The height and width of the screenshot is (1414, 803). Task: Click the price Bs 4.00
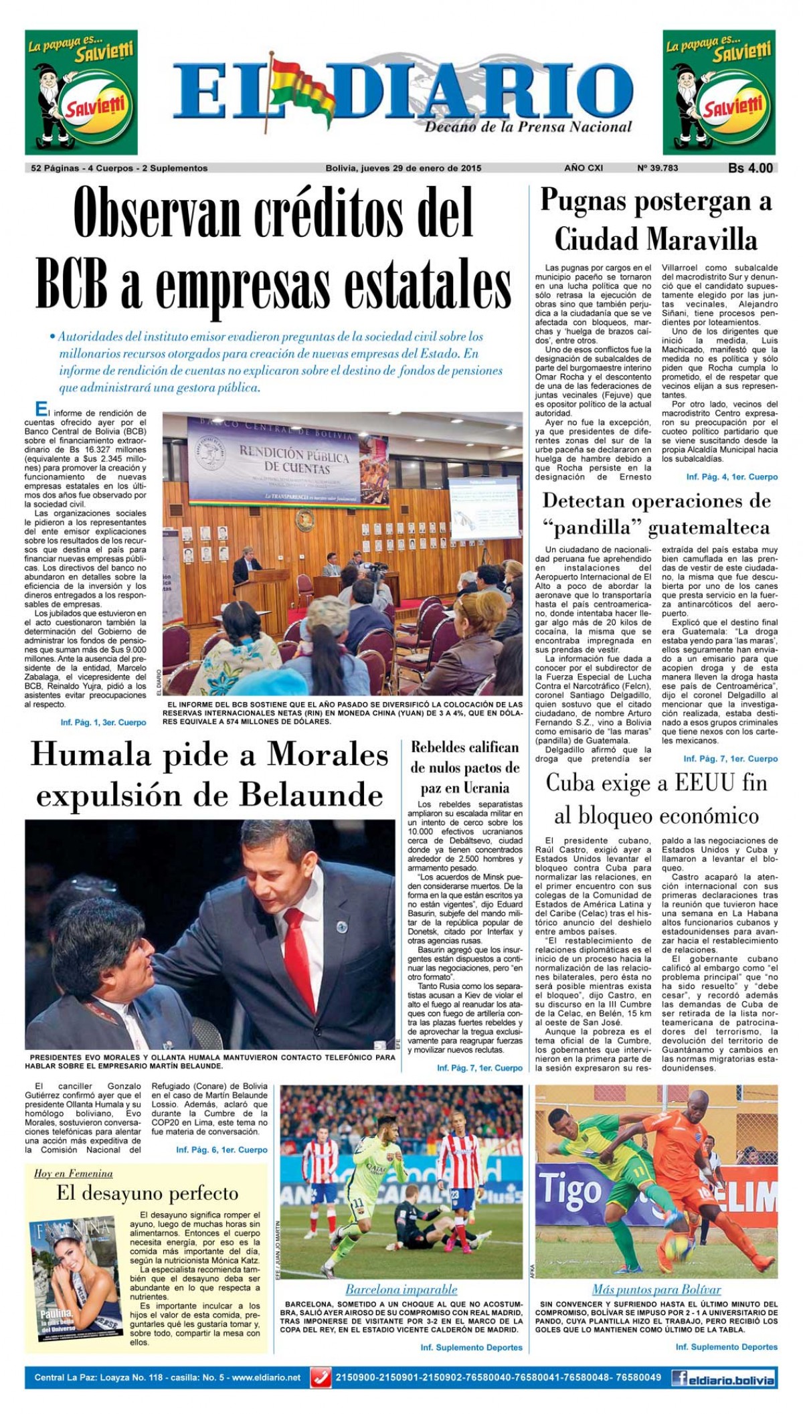pyautogui.click(x=750, y=169)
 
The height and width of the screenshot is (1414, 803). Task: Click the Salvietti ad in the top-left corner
pyautogui.click(x=81, y=93)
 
